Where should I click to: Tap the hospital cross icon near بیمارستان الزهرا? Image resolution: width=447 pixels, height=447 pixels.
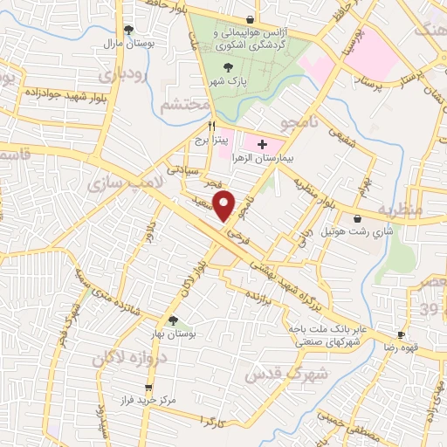(x=263, y=142)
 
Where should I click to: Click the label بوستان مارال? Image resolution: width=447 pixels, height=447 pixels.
(x=134, y=42)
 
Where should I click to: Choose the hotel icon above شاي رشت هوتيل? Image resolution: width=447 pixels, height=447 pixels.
(x=357, y=219)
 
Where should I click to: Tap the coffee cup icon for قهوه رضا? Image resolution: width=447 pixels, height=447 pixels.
(x=401, y=334)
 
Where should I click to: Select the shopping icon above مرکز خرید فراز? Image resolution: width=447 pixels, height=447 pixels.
(x=148, y=386)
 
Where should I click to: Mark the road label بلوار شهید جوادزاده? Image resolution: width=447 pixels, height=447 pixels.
(x=52, y=91)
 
